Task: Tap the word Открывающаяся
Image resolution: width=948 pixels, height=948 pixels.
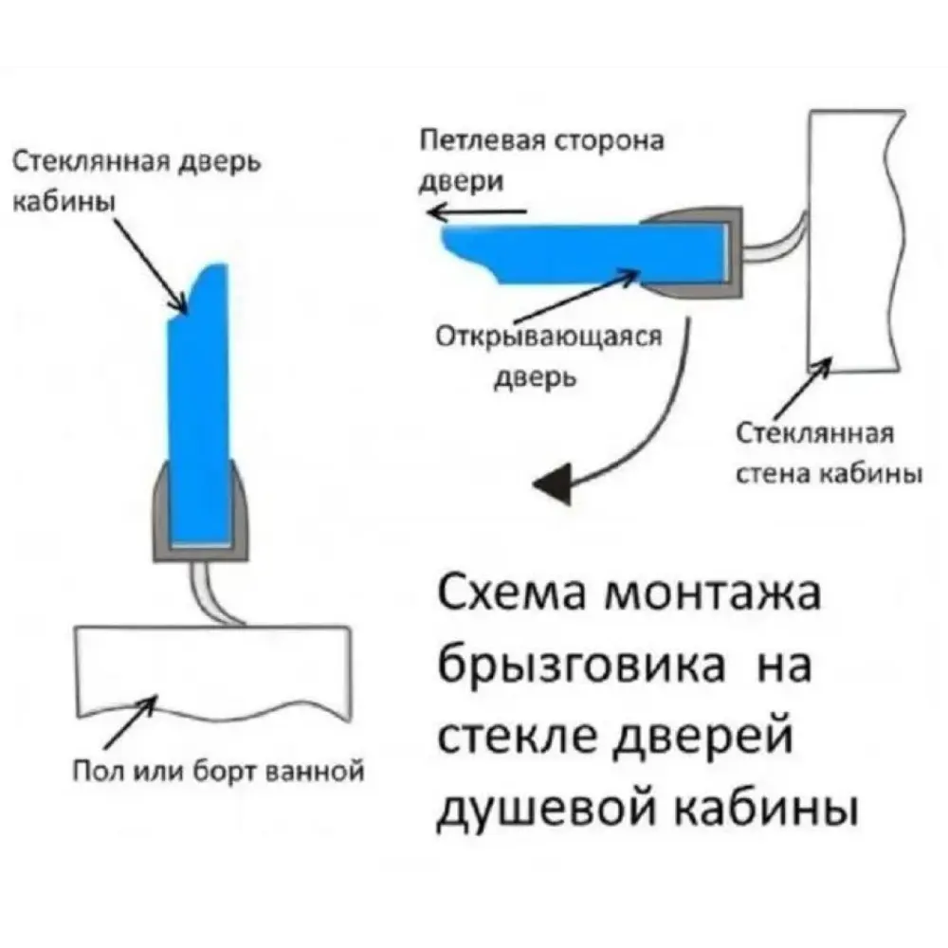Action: [x=548, y=338]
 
